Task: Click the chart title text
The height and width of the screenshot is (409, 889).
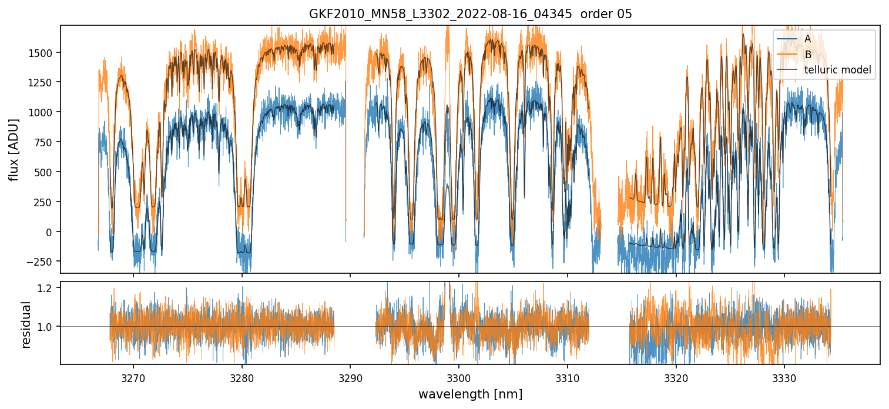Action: pyautogui.click(x=470, y=14)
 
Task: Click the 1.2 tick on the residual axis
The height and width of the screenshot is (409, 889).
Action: pyautogui.click(x=47, y=287)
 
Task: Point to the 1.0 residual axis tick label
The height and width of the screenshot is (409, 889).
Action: pyautogui.click(x=47, y=326)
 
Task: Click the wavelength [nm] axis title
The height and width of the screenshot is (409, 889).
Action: pyautogui.click(x=470, y=394)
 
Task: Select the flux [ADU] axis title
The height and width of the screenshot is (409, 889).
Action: pyautogui.click(x=14, y=149)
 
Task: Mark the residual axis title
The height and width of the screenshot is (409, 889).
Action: pyautogui.click(x=26, y=324)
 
